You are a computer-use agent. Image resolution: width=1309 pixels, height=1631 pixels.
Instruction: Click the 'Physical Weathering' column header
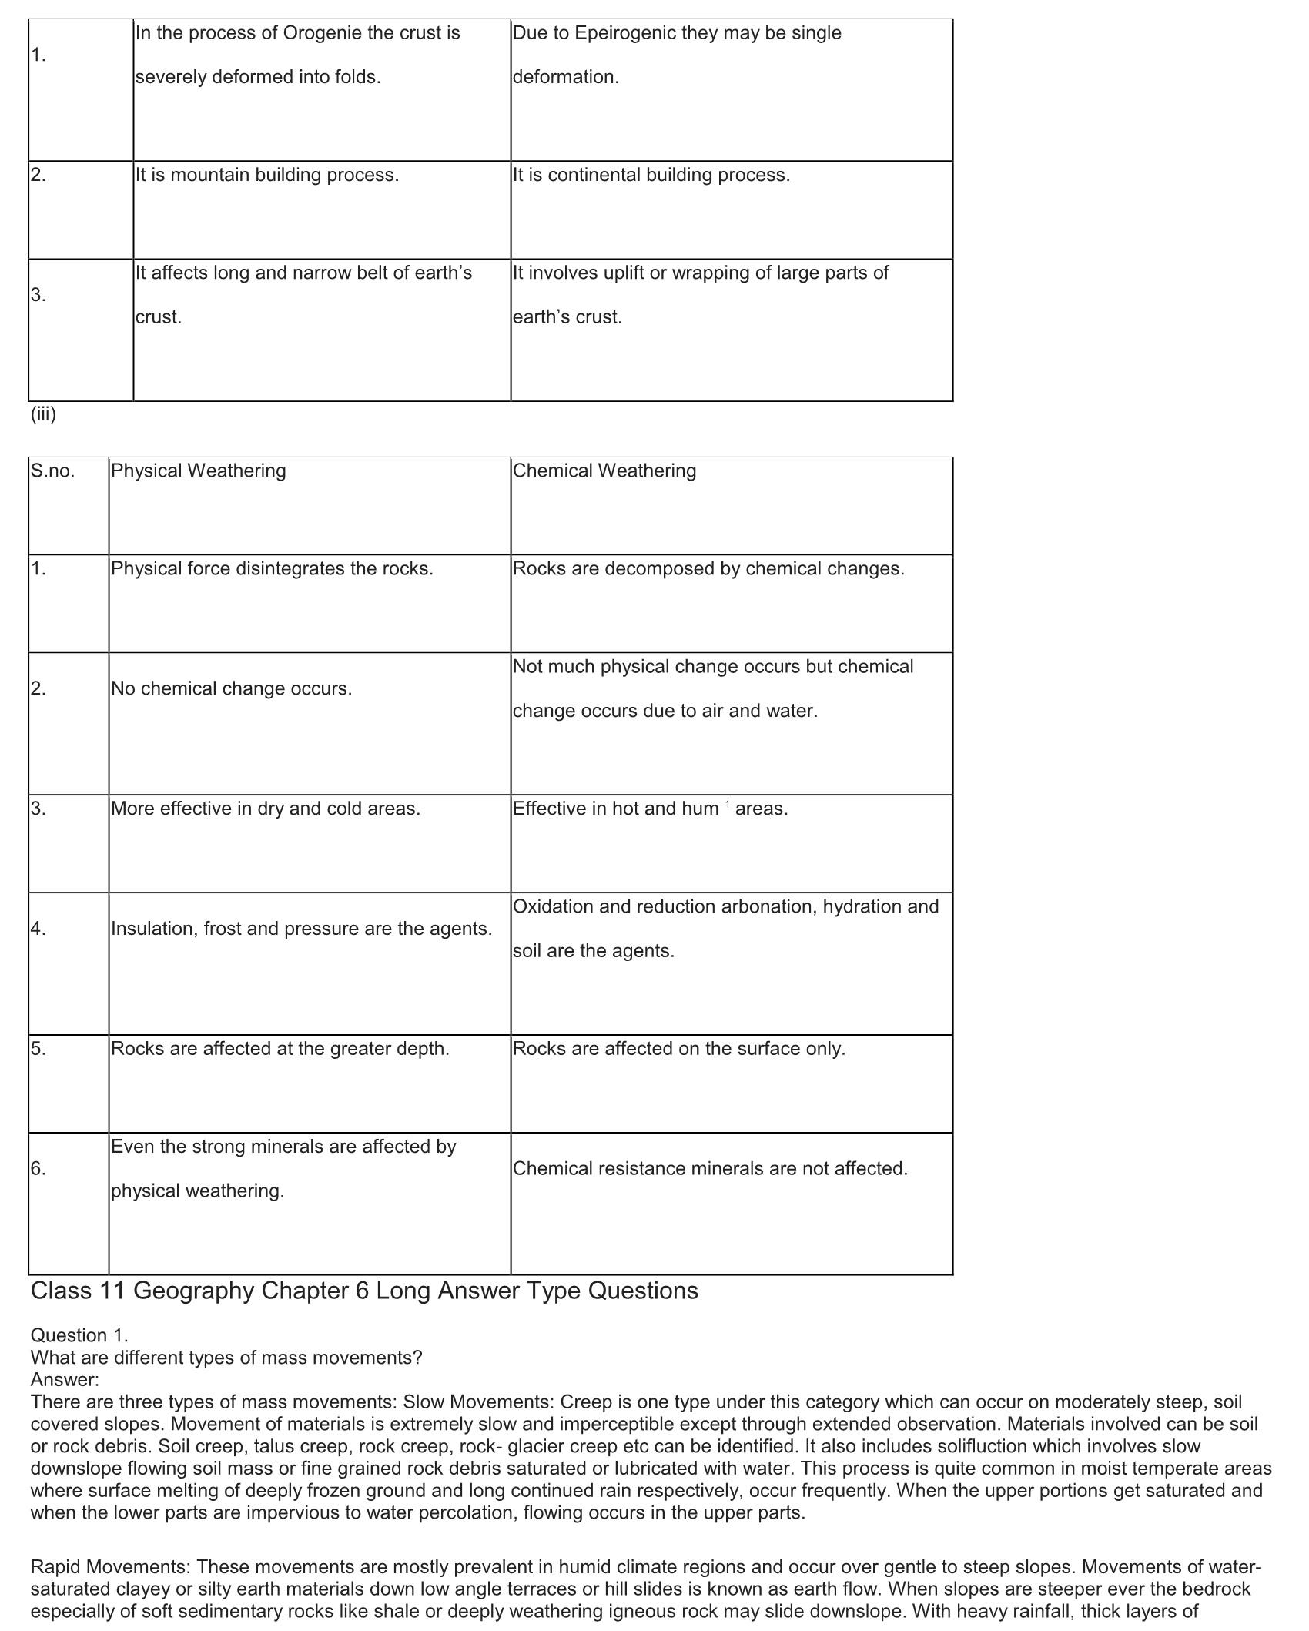(x=198, y=471)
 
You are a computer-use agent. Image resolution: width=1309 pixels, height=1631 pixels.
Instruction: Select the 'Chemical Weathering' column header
(x=604, y=471)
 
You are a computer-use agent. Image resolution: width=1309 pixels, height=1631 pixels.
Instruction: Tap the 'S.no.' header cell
(x=52, y=471)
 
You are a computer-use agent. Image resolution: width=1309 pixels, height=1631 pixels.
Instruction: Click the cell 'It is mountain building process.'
(x=266, y=175)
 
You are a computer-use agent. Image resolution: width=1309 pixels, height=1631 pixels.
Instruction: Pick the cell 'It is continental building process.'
(x=651, y=175)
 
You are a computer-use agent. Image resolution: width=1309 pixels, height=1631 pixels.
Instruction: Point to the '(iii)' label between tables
(x=43, y=414)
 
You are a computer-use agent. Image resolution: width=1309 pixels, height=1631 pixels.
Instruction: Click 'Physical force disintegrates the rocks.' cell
(x=272, y=568)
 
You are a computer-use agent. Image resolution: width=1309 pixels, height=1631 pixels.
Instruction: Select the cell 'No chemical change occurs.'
(x=231, y=688)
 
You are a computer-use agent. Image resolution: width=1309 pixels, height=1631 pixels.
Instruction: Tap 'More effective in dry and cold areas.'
(x=265, y=809)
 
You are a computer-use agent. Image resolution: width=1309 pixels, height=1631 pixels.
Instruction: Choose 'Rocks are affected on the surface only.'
(x=678, y=1049)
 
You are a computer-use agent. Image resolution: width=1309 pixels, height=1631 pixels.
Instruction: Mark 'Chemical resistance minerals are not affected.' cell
(x=710, y=1169)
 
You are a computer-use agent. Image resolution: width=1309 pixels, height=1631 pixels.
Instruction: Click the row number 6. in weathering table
(x=38, y=1169)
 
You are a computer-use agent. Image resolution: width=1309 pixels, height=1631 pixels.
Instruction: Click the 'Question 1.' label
(x=79, y=1336)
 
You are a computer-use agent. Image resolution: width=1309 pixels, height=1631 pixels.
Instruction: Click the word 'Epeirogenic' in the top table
(x=623, y=33)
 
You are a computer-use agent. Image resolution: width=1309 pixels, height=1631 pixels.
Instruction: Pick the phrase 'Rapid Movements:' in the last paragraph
(x=111, y=1567)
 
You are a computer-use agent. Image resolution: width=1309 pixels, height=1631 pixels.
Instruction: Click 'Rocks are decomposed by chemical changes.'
(x=708, y=568)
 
